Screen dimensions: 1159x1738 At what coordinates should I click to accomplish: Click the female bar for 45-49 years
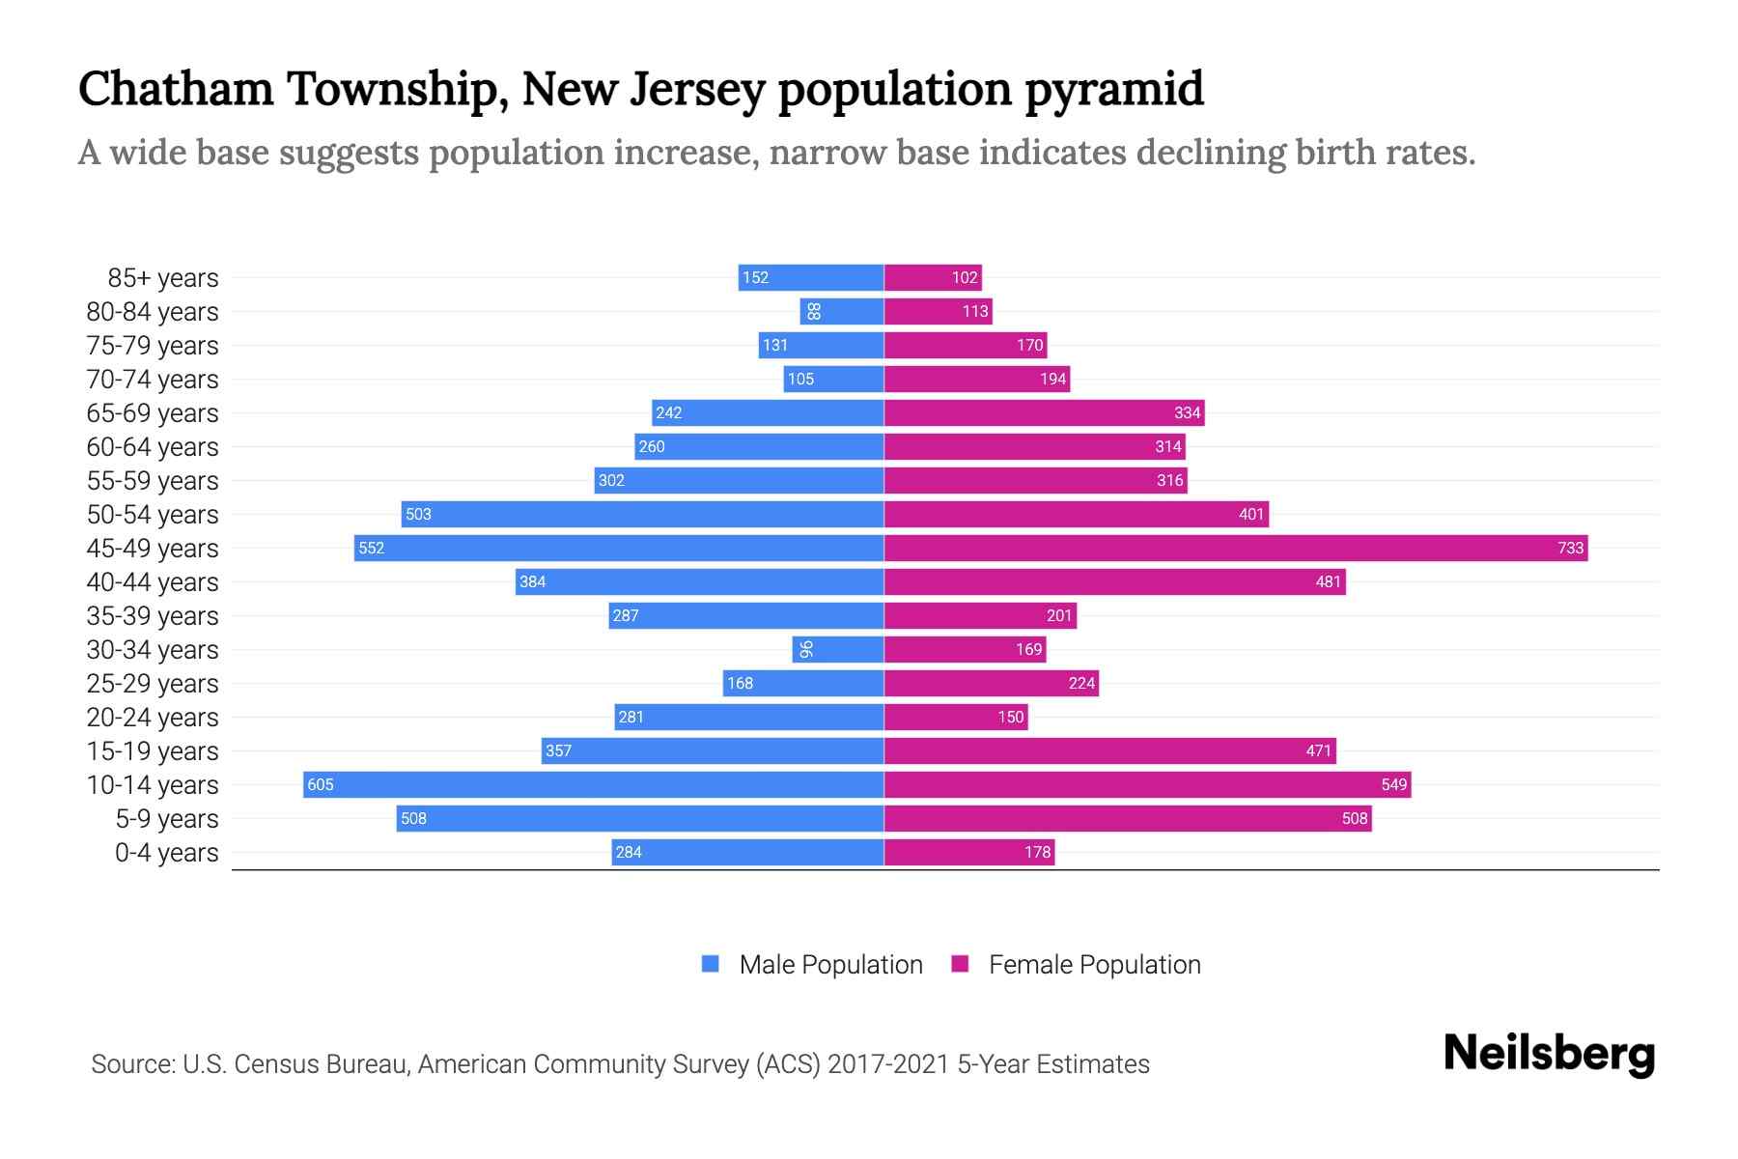1236,548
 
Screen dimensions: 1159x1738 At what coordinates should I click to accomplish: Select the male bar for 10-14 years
594,784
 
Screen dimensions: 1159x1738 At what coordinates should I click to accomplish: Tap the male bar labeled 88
842,311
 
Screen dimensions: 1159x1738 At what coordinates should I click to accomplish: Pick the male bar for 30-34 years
838,649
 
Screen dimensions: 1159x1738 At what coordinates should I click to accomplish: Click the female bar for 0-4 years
969,852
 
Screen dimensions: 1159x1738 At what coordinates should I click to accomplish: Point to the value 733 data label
1570,548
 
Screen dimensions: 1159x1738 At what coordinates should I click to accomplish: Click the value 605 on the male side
321,784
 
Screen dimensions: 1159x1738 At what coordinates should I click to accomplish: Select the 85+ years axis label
163,278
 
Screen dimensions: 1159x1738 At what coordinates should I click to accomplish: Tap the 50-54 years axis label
153,515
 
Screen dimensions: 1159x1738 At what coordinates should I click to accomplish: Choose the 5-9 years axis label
166,819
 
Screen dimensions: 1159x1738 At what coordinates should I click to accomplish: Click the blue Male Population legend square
711,964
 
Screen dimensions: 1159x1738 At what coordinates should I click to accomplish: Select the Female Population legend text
1094,964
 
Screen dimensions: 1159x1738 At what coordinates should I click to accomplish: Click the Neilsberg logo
1549,1054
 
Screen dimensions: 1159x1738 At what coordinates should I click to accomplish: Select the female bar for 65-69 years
1044,412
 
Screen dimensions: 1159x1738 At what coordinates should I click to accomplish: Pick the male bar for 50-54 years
642,514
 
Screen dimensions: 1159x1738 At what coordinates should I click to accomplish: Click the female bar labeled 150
956,717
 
